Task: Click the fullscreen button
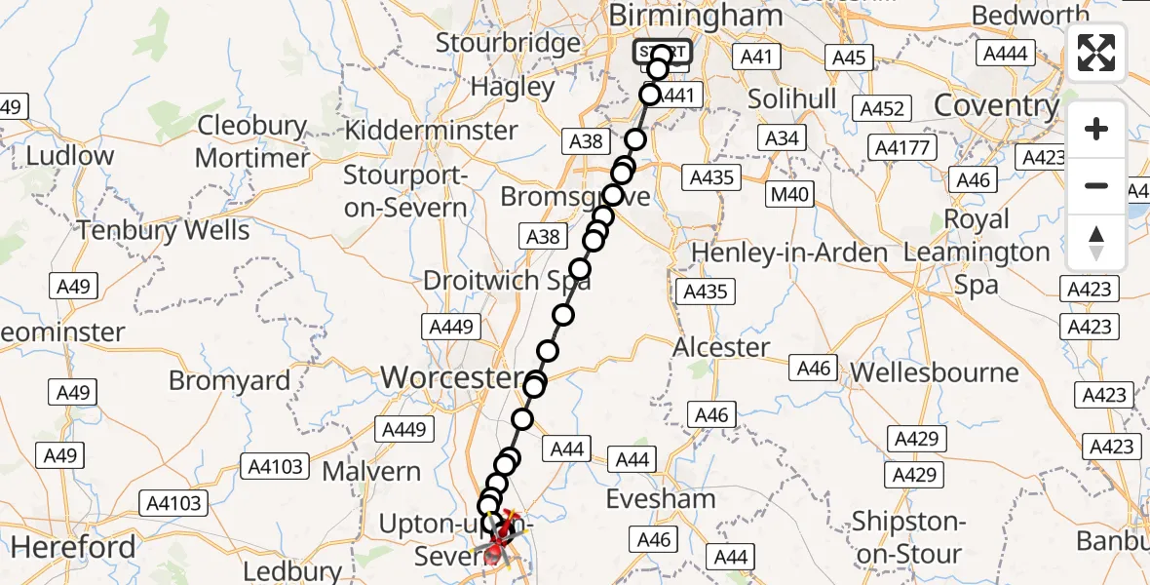tap(1096, 54)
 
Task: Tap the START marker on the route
tap(663, 52)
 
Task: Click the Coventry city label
tap(996, 104)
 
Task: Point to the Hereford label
tap(73, 546)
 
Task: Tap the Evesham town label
tap(660, 498)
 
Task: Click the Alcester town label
tap(722, 347)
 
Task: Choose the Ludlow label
tap(69, 155)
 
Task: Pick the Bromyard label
tap(229, 379)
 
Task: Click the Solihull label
tap(792, 98)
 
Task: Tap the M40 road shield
tap(789, 194)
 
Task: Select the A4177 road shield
tap(904, 148)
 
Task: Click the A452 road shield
tap(882, 108)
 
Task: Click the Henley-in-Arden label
tap(789, 253)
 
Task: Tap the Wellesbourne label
tap(935, 372)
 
